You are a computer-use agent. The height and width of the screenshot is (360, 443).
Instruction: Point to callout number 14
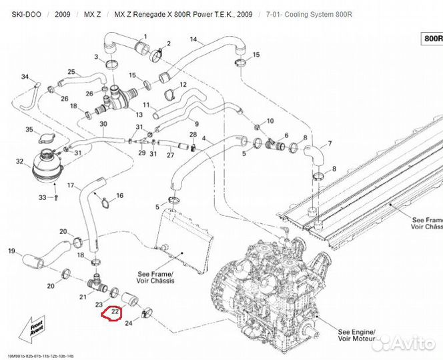(x=194, y=40)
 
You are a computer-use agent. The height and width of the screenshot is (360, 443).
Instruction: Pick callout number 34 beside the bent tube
(x=25, y=77)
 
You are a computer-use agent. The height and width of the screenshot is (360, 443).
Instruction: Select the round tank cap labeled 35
(x=51, y=138)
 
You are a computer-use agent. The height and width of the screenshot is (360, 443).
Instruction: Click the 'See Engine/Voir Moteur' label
(x=356, y=335)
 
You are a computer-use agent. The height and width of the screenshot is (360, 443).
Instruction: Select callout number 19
(x=11, y=251)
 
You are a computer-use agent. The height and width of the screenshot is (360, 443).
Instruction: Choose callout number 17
(x=71, y=185)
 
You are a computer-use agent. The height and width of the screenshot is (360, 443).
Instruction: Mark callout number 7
(x=328, y=144)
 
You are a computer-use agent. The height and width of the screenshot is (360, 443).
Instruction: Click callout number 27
(x=170, y=155)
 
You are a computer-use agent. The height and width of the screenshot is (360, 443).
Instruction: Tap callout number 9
(x=196, y=124)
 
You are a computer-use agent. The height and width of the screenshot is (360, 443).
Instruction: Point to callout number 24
(x=129, y=325)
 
